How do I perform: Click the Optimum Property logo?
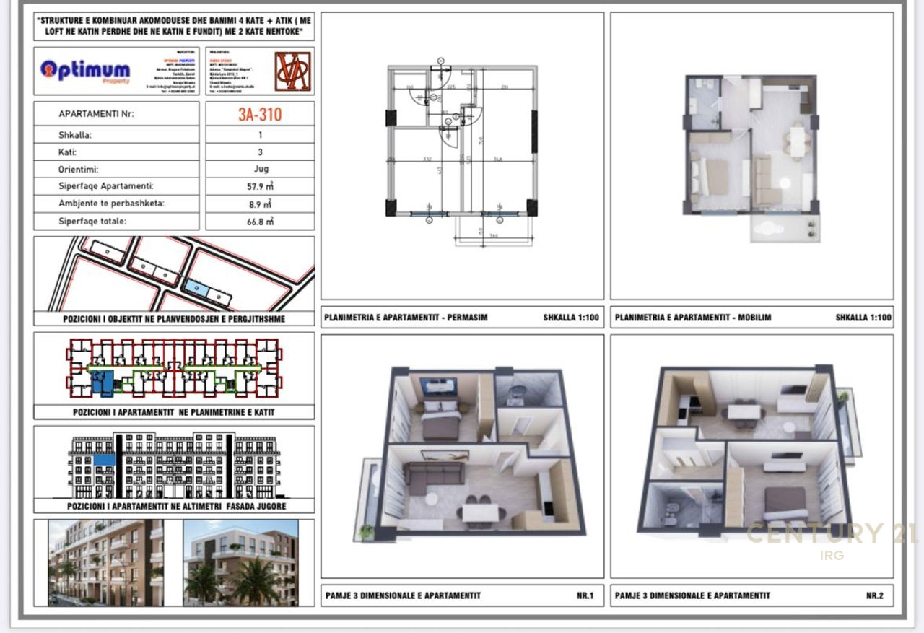[86, 71]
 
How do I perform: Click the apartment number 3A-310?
[260, 114]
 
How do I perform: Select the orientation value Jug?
[261, 169]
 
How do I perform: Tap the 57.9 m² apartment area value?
[261, 186]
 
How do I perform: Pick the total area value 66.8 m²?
[261, 222]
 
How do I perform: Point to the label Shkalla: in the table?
[76, 135]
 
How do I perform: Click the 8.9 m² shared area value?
[261, 204]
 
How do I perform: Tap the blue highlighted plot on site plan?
[196, 287]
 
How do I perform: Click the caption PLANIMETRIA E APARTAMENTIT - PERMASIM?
[406, 318]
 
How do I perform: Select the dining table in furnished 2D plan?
[796, 141]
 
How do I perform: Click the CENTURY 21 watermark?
[830, 535]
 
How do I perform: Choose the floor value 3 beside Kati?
[261, 152]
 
